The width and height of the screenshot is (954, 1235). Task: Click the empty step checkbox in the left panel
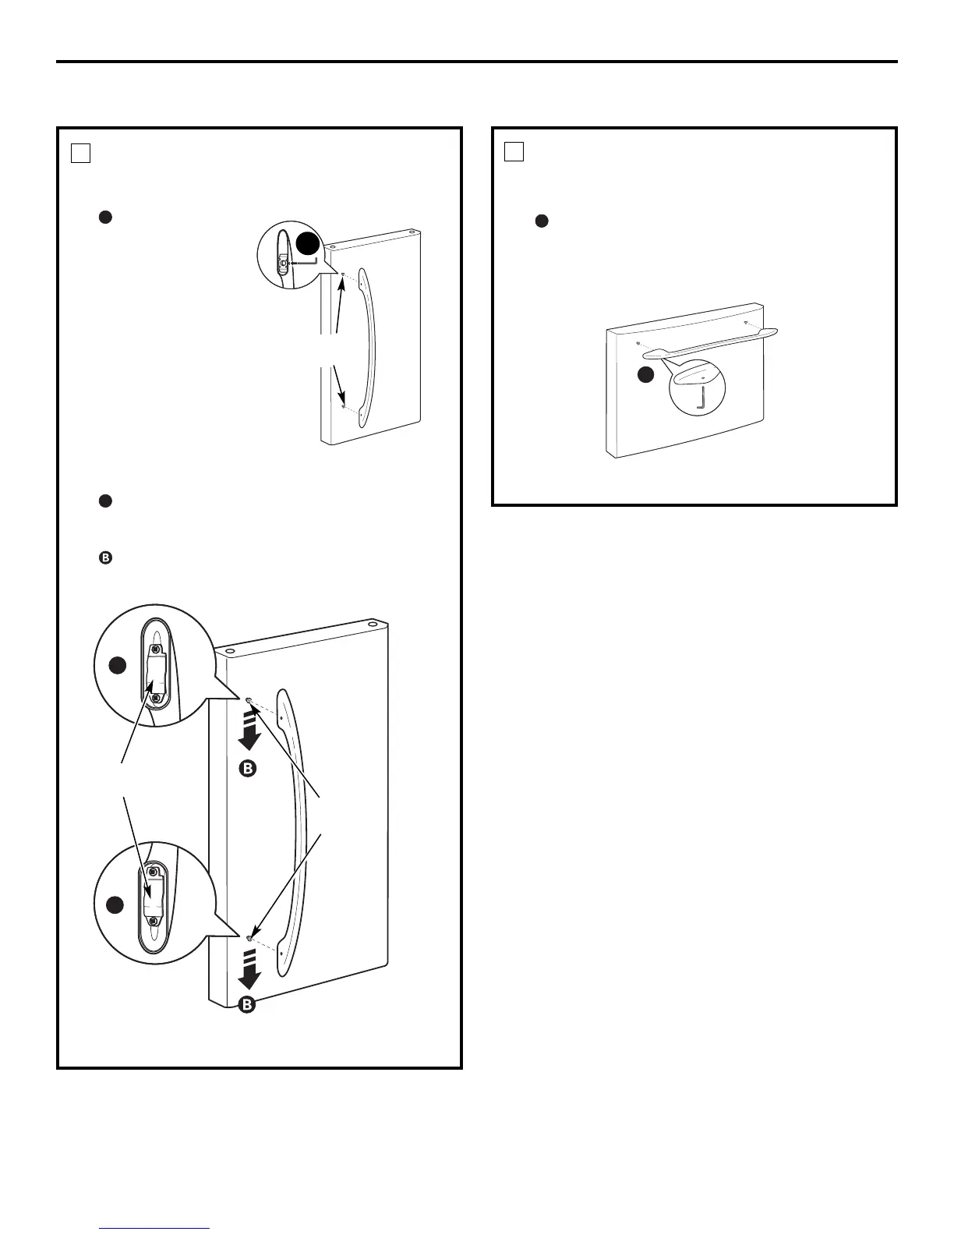coord(81,153)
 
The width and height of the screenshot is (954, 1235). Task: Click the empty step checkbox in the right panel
coord(514,151)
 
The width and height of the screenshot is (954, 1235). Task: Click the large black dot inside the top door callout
coord(307,244)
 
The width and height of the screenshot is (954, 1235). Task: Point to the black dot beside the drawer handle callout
coord(645,375)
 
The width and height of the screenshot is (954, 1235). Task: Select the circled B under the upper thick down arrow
coord(247,769)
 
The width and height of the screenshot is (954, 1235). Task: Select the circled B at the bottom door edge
coord(247,1004)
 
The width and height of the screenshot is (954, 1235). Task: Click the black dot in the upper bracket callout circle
coord(116,665)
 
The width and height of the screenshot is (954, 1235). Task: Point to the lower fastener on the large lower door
coord(249,938)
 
